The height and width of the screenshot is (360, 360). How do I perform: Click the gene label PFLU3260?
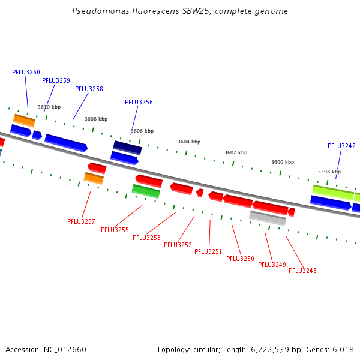[x=26, y=72]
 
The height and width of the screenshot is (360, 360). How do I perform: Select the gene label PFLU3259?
[x=56, y=80]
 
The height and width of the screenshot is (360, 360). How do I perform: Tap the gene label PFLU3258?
[x=89, y=89]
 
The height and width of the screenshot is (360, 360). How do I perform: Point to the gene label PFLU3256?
[x=139, y=102]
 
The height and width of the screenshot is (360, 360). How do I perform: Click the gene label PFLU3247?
[x=341, y=146]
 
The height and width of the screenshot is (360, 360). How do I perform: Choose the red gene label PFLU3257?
[x=81, y=221]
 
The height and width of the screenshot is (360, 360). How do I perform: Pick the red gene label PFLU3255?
[x=115, y=230]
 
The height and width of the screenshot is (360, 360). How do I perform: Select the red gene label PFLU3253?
[x=146, y=238]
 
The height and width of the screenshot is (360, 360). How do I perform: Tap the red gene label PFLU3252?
[x=178, y=245]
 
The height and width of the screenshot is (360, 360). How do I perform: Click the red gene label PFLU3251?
[x=208, y=251]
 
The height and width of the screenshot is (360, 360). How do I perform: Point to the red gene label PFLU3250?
[x=240, y=259]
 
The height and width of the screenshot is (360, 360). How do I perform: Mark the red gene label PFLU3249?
[x=272, y=265]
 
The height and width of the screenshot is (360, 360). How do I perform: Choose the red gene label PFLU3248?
[x=302, y=271]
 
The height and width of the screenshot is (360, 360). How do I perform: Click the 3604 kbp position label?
[x=189, y=142]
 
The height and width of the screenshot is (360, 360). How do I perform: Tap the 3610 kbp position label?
[x=49, y=107]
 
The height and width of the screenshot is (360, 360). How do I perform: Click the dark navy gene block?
[x=127, y=148]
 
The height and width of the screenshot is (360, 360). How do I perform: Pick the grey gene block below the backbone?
[x=268, y=218]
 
